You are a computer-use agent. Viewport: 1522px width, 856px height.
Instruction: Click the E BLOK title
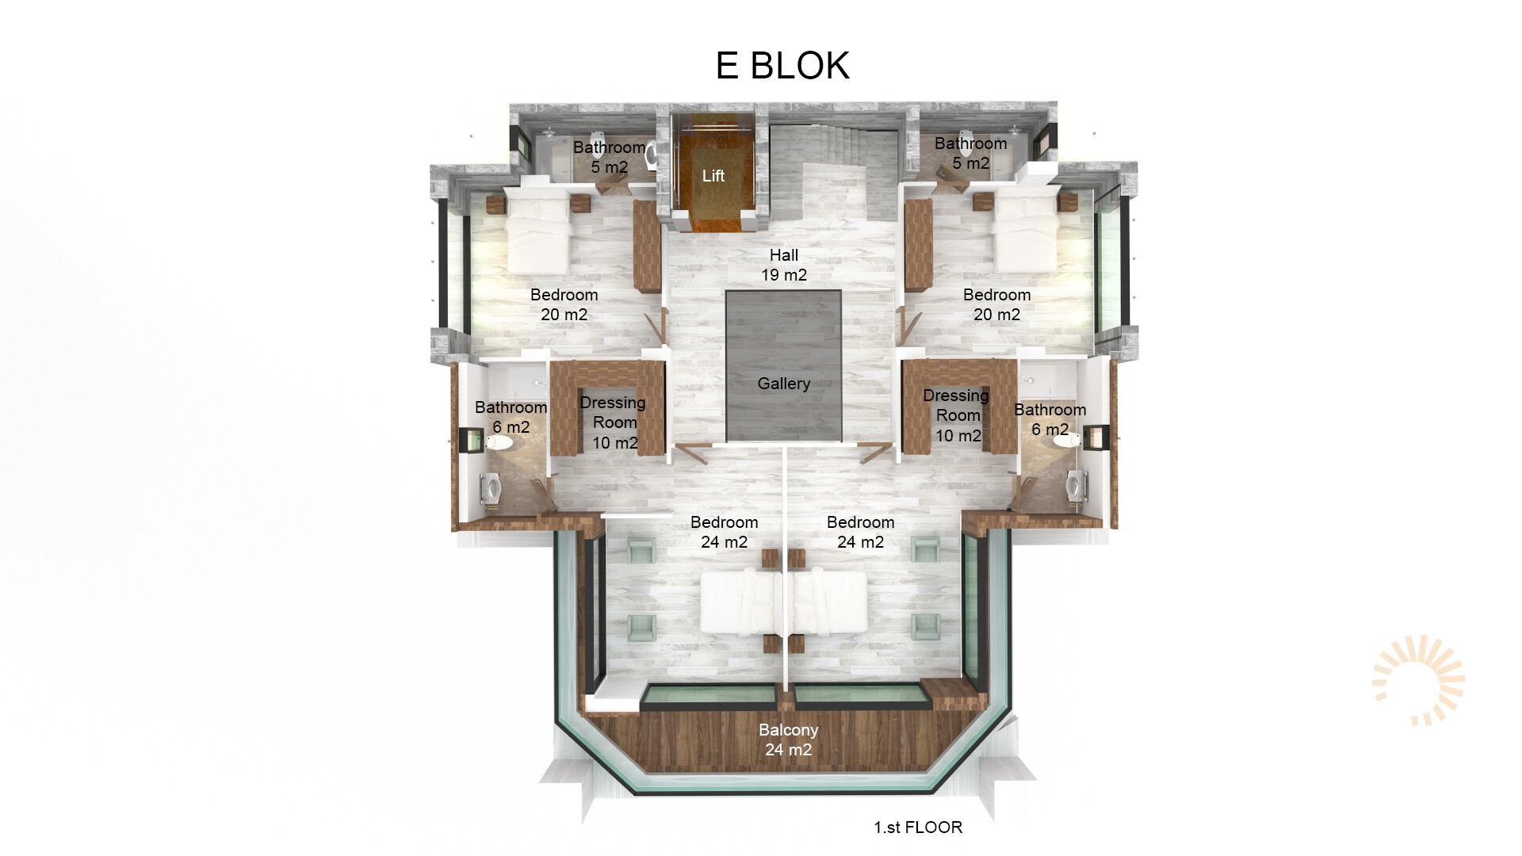click(782, 65)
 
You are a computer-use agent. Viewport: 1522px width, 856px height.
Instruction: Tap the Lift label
click(713, 176)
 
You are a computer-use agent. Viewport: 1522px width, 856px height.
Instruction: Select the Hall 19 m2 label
click(784, 265)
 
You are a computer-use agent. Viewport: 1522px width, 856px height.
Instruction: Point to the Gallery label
click(784, 384)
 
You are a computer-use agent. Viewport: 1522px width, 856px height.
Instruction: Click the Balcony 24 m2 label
click(788, 739)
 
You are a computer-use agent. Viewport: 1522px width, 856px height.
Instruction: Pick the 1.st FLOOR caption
click(918, 827)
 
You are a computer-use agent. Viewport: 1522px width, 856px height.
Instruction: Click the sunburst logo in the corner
click(1419, 680)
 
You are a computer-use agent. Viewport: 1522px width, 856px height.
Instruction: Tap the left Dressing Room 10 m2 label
click(614, 422)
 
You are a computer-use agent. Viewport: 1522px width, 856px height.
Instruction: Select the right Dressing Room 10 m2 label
click(957, 415)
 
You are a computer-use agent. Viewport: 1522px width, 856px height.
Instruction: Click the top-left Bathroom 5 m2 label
click(609, 157)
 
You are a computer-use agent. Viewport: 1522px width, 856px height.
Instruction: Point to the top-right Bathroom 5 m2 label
click(970, 153)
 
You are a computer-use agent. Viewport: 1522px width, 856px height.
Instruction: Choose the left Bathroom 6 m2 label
click(511, 417)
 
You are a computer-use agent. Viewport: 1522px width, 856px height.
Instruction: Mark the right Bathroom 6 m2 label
click(1050, 419)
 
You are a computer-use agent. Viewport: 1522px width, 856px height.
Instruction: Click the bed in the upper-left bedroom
click(537, 233)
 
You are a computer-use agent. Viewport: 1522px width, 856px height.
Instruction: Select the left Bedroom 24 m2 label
click(724, 532)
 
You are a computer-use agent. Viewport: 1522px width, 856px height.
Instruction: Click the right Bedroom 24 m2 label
click(860, 532)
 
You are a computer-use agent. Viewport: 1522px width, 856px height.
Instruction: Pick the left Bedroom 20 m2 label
click(564, 304)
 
